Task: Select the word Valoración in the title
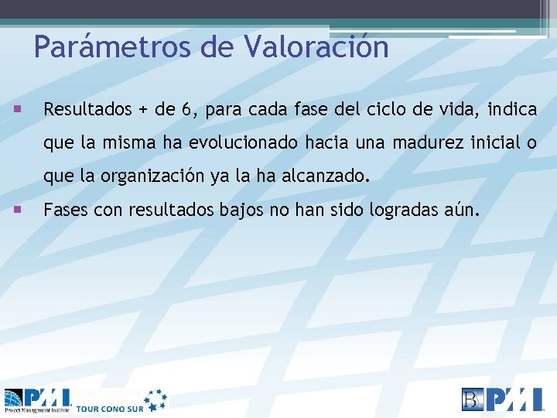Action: pyautogui.click(x=316, y=47)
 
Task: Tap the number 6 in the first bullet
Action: pyautogui.click(x=187, y=110)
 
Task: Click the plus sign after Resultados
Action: pyautogui.click(x=142, y=111)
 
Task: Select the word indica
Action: pyautogui.click(x=511, y=110)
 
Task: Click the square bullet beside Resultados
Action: pyautogui.click(x=16, y=108)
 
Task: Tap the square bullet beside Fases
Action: pyautogui.click(x=16, y=208)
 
